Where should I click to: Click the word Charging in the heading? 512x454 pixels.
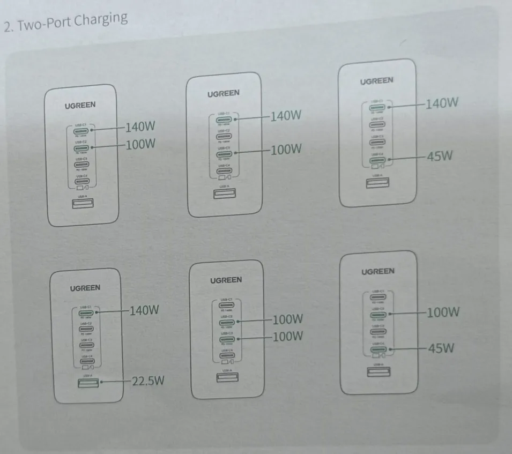(x=101, y=20)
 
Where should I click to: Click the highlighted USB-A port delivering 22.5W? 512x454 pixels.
(x=87, y=383)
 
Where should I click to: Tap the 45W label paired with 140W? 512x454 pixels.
(x=440, y=157)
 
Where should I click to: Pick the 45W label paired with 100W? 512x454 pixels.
(x=440, y=348)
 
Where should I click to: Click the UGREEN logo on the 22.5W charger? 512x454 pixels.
(x=85, y=288)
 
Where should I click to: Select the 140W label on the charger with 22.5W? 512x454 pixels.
(x=144, y=310)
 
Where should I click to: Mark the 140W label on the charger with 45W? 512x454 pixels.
(x=441, y=103)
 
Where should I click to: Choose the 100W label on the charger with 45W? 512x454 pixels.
(x=442, y=312)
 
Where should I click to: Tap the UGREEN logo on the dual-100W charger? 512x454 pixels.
(x=226, y=280)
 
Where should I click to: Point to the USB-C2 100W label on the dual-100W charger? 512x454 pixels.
(x=288, y=320)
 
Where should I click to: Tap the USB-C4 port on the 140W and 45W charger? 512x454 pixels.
(x=378, y=160)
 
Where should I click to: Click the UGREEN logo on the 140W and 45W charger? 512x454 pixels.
(x=376, y=81)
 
